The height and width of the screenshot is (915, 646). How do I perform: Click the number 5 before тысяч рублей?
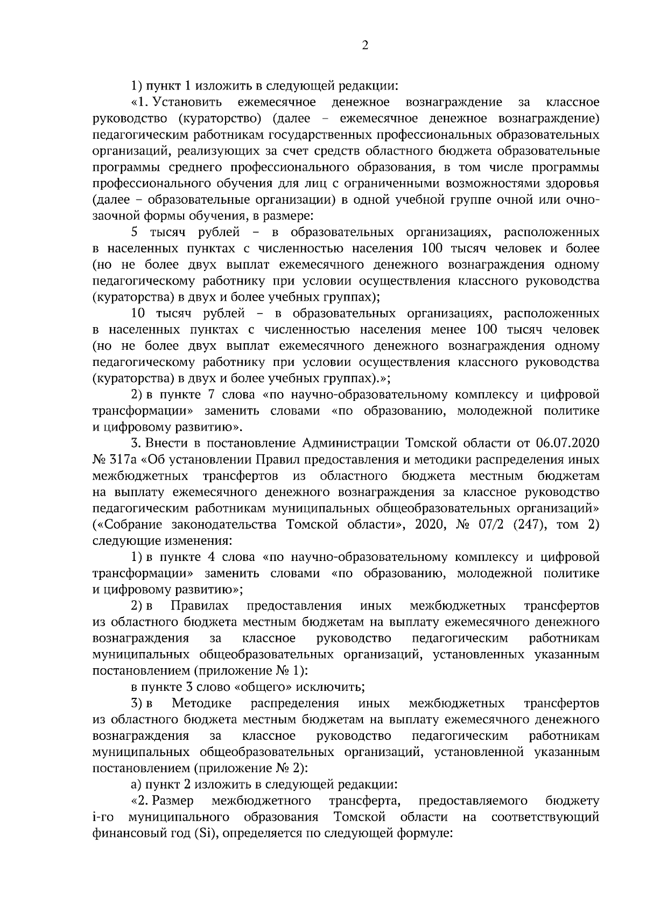click(135, 233)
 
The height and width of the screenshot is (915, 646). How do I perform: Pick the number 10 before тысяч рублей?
click(138, 314)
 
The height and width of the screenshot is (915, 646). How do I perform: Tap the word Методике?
click(202, 703)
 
